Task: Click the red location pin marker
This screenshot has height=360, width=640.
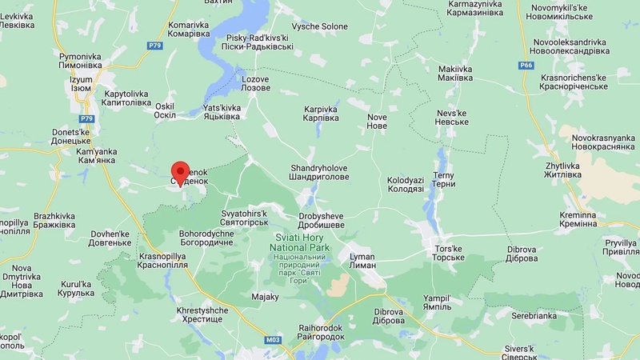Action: (181, 172)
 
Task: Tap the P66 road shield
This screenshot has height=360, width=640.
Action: (526, 66)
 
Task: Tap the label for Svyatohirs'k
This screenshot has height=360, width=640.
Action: (243, 218)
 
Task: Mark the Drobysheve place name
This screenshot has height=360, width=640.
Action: (321, 221)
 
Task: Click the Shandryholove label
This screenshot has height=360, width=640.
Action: (319, 173)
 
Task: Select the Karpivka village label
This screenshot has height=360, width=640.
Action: (321, 113)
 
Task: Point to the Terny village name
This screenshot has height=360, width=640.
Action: (443, 179)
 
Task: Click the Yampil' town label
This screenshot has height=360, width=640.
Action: (437, 303)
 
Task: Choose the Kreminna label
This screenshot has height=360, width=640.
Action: (578, 220)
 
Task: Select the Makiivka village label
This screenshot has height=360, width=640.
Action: (455, 74)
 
